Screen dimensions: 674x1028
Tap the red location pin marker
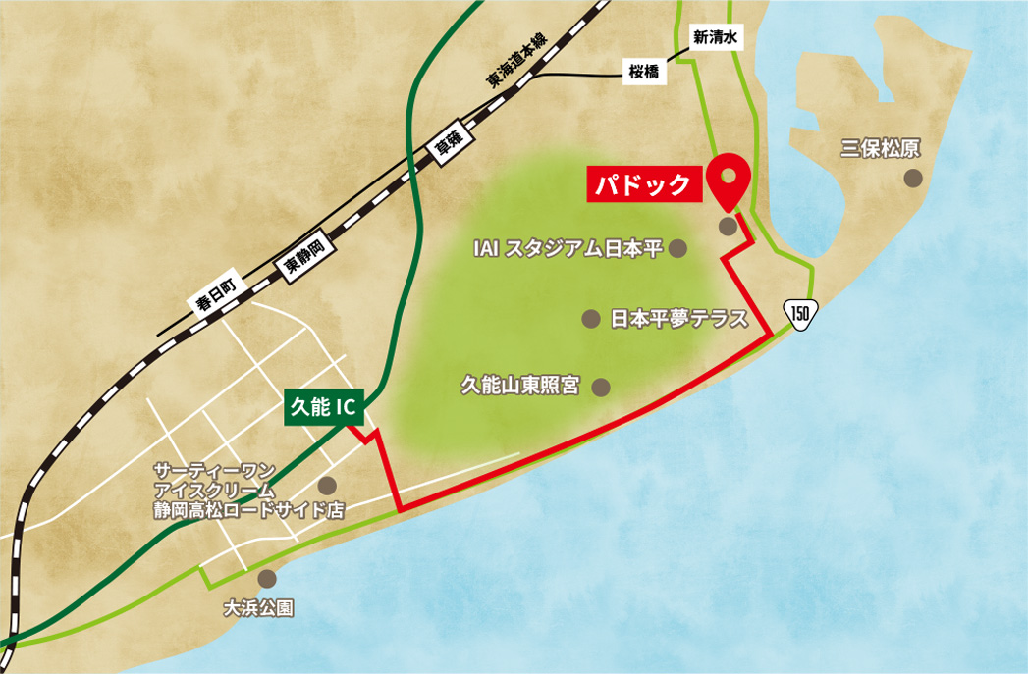729,179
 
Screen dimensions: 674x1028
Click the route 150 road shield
800,314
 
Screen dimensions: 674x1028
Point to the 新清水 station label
714,38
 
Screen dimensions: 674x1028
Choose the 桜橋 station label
644,72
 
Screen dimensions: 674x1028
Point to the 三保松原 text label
880,148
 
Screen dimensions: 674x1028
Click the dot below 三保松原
913,178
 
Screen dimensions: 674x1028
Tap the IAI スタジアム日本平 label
568,250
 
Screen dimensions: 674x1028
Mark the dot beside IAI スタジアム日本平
676,250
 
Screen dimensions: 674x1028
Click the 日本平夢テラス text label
678,319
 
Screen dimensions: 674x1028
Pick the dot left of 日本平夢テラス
591,319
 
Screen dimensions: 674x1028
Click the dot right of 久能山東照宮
601,387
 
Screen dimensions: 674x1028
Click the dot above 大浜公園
268,579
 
